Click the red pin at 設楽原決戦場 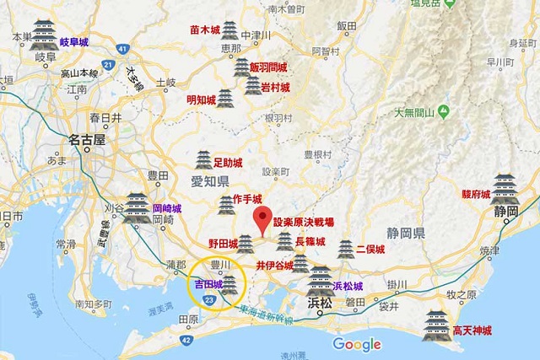(x=263, y=218)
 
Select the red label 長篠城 (x=310, y=242)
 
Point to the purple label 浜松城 (x=348, y=286)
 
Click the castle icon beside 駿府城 (x=505, y=186)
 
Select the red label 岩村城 (x=274, y=87)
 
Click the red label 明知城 (x=202, y=99)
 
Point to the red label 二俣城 (x=370, y=250)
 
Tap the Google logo (x=357, y=344)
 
